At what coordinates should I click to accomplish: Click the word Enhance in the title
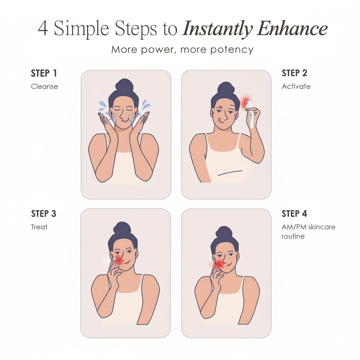292,28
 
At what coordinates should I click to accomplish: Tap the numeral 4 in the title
43,28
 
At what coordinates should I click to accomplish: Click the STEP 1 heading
44,73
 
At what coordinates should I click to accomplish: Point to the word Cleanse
44,86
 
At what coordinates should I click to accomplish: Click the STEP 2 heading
294,73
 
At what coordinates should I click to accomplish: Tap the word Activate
296,86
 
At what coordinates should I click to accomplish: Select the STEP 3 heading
44,214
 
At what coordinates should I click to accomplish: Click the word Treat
39,227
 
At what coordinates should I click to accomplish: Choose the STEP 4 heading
294,214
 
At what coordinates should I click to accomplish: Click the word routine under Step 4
293,237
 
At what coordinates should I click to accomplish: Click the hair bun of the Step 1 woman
124,84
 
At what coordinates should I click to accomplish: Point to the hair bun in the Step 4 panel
224,232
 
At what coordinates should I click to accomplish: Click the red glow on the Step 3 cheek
118,261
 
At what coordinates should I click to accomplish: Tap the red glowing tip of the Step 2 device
245,102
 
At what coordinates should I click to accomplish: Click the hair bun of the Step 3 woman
122,227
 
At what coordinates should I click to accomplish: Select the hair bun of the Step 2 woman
226,88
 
